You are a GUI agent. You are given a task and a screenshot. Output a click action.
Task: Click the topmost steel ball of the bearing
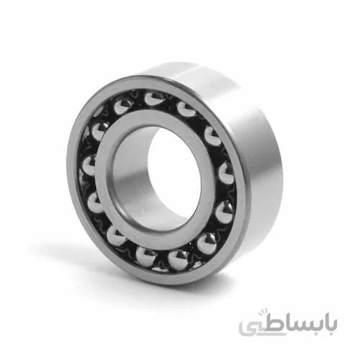pos(153,99)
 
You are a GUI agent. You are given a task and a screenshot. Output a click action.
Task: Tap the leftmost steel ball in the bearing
pos(89,166)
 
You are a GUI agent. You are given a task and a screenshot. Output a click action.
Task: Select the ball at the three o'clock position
pos(226,173)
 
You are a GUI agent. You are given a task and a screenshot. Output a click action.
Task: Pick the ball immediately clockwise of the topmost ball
pos(186,109)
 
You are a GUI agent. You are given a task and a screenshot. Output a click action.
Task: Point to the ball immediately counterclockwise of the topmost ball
pos(123,106)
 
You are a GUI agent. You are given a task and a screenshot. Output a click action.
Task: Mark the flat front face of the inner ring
pos(106,182)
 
